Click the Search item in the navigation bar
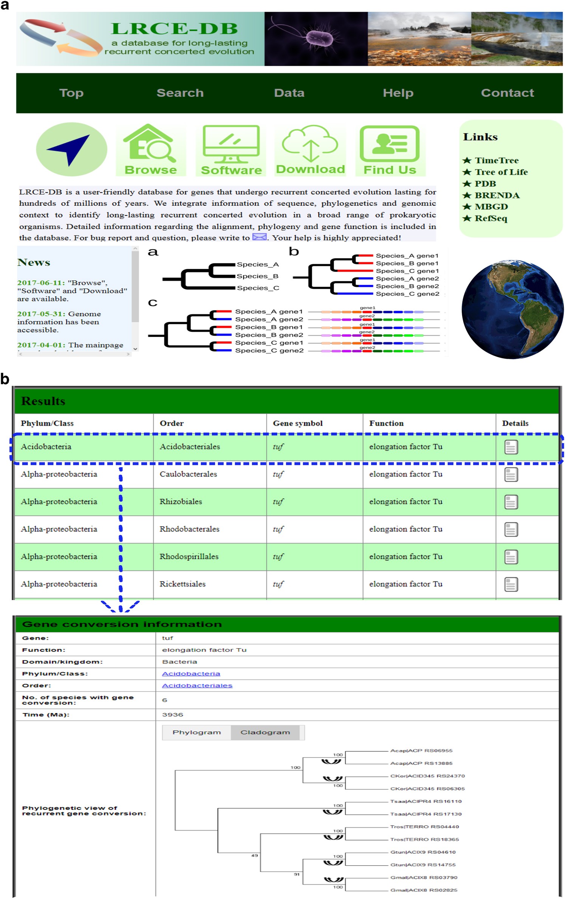click(180, 93)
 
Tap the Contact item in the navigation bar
click(507, 93)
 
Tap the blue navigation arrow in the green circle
click(71, 149)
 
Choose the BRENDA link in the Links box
click(497, 195)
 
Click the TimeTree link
click(496, 160)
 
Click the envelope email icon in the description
click(259, 237)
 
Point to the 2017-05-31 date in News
click(41, 314)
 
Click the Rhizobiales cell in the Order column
click(181, 502)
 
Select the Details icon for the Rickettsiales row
click(511, 584)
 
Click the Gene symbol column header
click(297, 423)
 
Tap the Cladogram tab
click(265, 732)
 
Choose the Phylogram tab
click(197, 732)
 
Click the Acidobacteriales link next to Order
click(197, 685)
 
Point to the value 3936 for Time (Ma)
click(172, 715)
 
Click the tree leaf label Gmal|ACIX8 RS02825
click(424, 890)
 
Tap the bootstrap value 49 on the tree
click(254, 855)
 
